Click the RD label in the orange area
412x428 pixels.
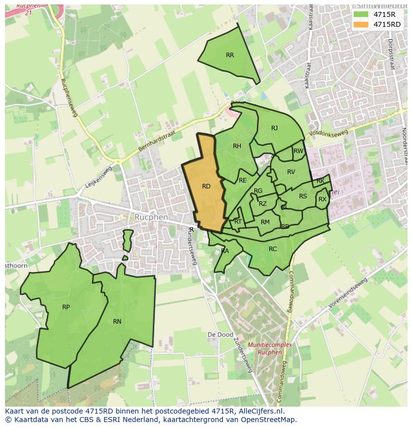click(x=206, y=186)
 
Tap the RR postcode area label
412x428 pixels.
click(x=229, y=55)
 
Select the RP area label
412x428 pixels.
click(x=66, y=307)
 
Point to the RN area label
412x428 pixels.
click(x=117, y=322)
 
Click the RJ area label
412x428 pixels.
click(x=274, y=128)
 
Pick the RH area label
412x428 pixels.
click(x=237, y=146)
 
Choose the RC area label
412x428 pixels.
click(x=273, y=249)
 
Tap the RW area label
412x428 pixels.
click(x=299, y=151)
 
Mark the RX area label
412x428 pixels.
click(x=322, y=199)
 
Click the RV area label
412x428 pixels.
click(x=291, y=172)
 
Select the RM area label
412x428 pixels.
click(x=265, y=222)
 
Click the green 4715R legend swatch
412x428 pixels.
click(x=361, y=14)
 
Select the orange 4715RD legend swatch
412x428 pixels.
click(x=361, y=24)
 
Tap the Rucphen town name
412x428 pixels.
click(x=151, y=217)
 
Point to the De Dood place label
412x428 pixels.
click(x=220, y=335)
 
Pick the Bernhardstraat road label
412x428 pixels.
click(x=156, y=143)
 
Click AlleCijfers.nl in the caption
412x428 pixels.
click(x=259, y=411)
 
